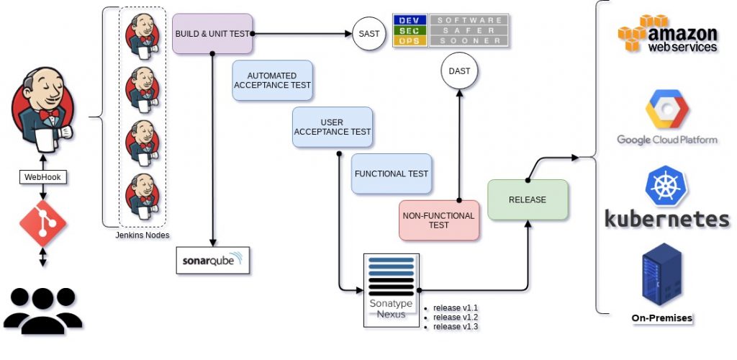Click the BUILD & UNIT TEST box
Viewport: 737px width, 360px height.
click(212, 33)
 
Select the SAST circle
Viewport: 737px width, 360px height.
click(368, 33)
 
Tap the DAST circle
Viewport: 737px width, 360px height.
click(459, 71)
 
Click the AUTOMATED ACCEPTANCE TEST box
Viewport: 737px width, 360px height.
click(272, 81)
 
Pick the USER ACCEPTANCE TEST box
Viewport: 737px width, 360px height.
click(333, 127)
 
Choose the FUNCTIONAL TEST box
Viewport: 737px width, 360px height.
click(392, 174)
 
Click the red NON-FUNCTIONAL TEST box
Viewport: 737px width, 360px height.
click(438, 220)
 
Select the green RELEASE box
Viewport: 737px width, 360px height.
click(528, 199)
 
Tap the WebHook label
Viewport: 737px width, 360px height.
click(42, 177)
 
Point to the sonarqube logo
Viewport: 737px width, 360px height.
click(212, 261)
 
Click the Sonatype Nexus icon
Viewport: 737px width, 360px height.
click(391, 290)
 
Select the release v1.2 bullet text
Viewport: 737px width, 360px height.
click(455, 318)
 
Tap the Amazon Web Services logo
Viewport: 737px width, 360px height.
click(668, 33)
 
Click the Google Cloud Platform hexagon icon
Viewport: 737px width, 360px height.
click(667, 109)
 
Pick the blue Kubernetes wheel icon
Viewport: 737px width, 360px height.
click(666, 186)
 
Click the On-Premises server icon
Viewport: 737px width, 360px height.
click(662, 274)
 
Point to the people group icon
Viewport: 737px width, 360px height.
click(42, 310)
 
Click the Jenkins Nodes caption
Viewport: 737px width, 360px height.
click(143, 235)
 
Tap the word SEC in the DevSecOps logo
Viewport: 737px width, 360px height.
click(410, 30)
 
